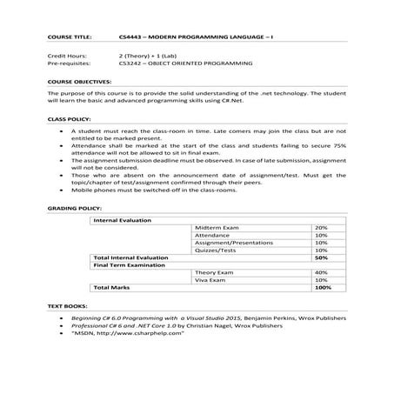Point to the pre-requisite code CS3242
point(130,63)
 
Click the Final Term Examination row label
point(130,265)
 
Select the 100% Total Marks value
point(320,289)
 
